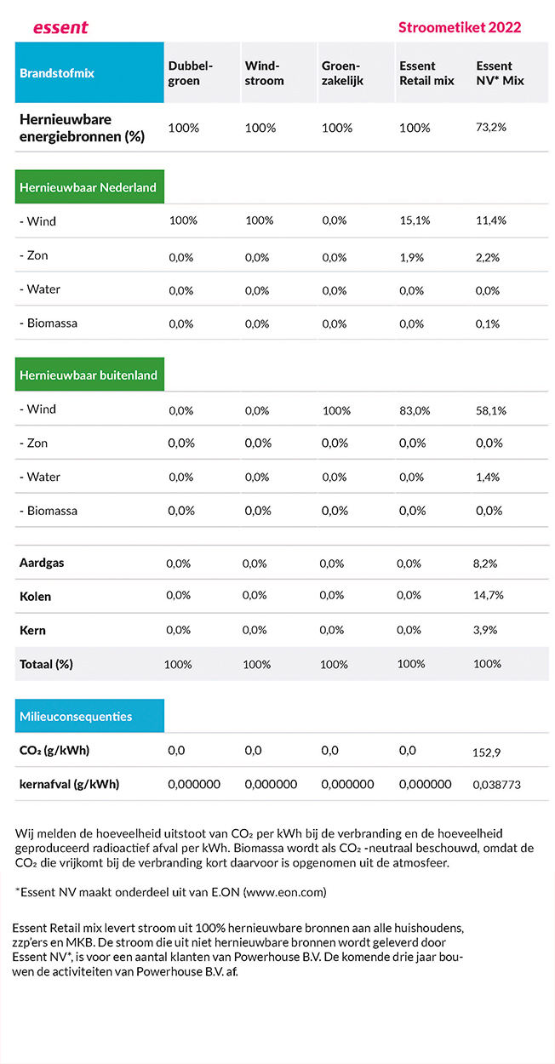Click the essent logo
pos(60,27)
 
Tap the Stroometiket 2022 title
pos(460,27)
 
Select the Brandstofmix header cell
pos(89,72)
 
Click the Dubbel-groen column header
pos(190,73)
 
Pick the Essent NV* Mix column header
pos(500,73)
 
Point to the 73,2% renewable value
pos(491,128)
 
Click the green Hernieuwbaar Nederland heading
pos(89,186)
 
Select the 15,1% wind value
pos(415,220)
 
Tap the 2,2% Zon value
pos(488,257)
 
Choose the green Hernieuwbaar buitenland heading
pos(89,375)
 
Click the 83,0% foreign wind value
pos(415,410)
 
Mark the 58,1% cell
pos(491,410)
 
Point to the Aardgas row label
pos(42,563)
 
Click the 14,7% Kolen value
pos(488,595)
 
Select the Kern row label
pos(32,631)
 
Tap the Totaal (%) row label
pos(46,664)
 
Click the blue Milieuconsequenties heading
pos(89,715)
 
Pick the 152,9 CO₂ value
pos(486,752)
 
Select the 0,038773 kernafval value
pos(496,785)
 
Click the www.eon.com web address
pos(284,892)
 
